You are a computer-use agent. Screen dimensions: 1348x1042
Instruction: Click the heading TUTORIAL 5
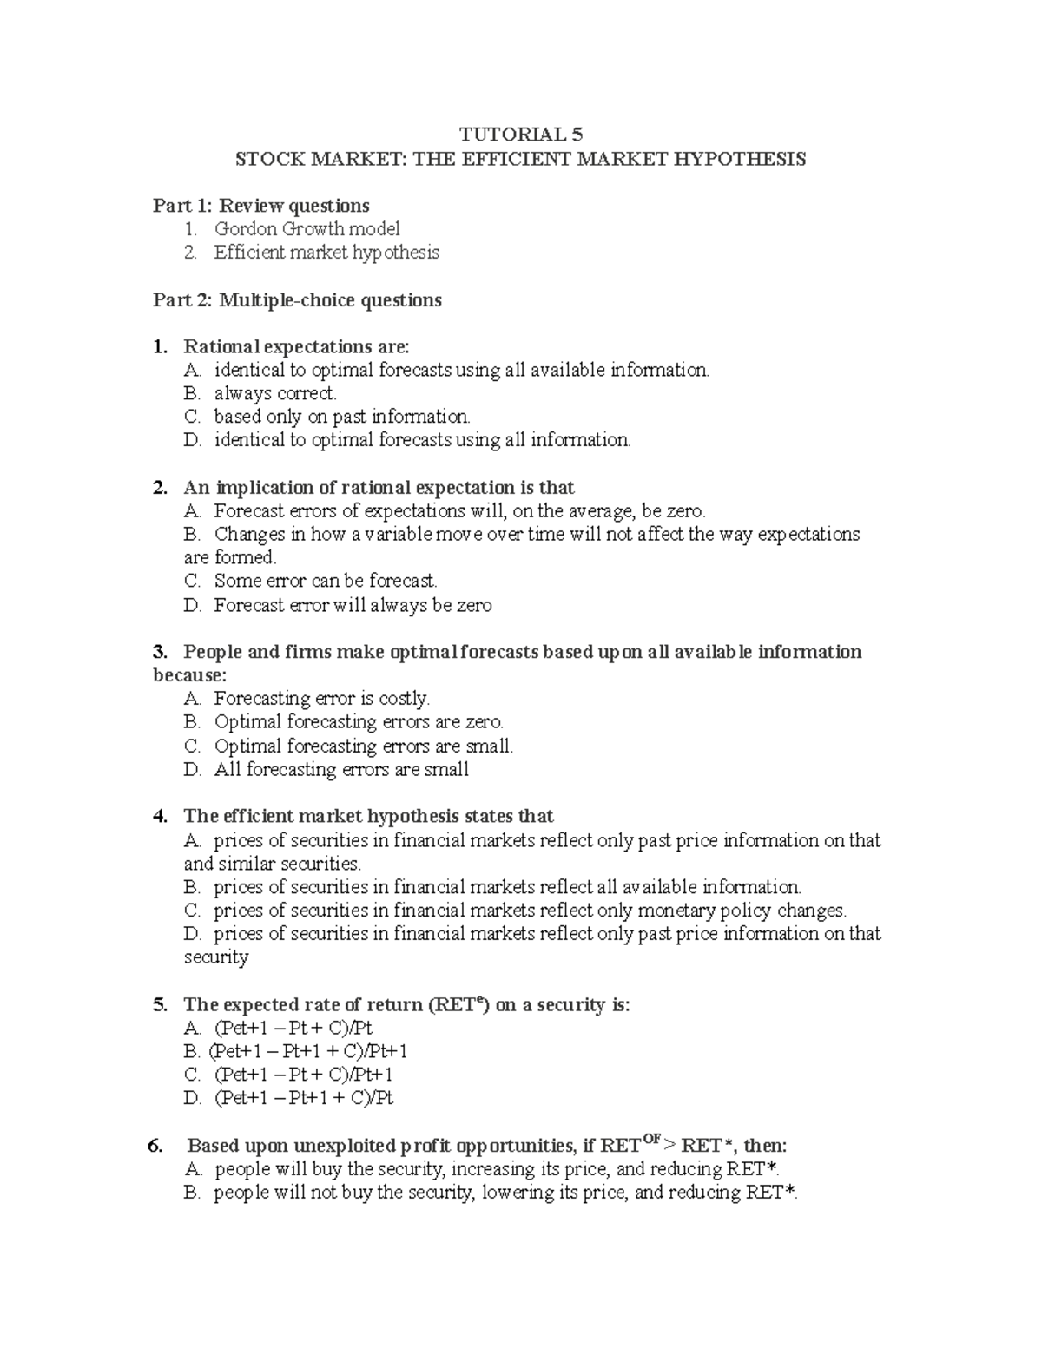(521, 135)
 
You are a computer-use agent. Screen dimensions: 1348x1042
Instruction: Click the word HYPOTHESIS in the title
(744, 159)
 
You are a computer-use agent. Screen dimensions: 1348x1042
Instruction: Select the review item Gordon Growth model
(307, 229)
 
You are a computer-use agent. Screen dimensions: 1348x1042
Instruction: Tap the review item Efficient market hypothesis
(326, 253)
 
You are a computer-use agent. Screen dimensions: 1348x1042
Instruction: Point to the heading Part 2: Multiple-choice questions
(297, 300)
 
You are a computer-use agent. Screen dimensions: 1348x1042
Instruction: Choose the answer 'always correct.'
(275, 393)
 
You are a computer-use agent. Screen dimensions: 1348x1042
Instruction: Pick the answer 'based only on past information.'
(342, 417)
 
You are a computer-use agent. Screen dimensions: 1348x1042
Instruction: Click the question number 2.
(159, 488)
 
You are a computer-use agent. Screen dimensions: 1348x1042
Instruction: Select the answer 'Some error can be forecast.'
(326, 581)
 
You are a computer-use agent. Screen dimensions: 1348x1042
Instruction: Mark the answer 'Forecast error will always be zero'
(353, 605)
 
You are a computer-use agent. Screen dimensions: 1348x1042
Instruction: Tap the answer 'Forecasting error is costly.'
(322, 699)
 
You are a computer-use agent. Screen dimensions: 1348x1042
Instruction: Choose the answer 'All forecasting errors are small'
(341, 769)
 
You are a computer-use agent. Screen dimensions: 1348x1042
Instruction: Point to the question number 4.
(159, 816)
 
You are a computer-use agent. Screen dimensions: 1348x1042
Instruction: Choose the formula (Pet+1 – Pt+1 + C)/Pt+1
(307, 1052)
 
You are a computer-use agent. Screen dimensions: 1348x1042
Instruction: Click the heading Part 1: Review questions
(260, 206)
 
